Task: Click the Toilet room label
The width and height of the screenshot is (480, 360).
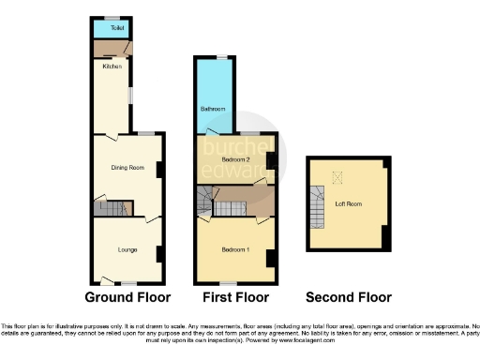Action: pyautogui.click(x=117, y=28)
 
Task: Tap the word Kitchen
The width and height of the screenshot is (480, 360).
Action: pyautogui.click(x=112, y=67)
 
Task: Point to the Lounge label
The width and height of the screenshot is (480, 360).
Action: pyautogui.click(x=127, y=249)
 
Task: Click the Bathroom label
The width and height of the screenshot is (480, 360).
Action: pyautogui.click(x=210, y=109)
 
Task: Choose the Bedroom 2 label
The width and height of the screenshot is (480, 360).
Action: pyautogui.click(x=232, y=160)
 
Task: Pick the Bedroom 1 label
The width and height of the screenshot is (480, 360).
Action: pyautogui.click(x=233, y=250)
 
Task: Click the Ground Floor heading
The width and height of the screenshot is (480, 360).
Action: pyautogui.click(x=127, y=298)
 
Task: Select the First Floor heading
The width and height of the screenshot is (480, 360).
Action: pyautogui.click(x=235, y=298)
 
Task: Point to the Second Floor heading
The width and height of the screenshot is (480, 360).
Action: pyautogui.click(x=348, y=298)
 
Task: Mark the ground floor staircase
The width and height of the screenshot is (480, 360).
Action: pyautogui.click(x=110, y=209)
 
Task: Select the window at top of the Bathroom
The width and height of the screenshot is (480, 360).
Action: pyautogui.click(x=222, y=57)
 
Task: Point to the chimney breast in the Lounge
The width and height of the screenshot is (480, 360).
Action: pyautogui.click(x=159, y=253)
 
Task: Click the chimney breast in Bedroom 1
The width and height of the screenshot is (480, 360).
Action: pyautogui.click(x=271, y=258)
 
